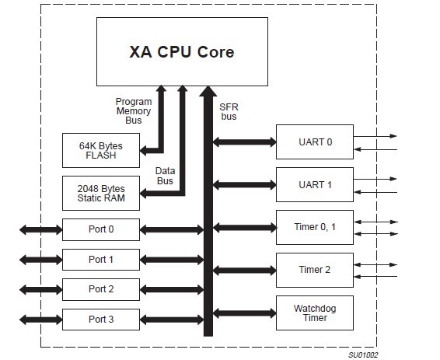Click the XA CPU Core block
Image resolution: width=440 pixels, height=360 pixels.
tap(180, 52)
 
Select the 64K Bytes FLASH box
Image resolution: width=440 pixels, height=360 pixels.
tap(100, 149)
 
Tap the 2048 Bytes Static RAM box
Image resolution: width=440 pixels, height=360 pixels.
tap(100, 193)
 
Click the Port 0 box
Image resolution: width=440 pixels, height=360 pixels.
tap(100, 229)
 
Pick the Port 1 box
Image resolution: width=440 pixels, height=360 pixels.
tap(100, 259)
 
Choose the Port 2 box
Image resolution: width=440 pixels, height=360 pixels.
tap(100, 288)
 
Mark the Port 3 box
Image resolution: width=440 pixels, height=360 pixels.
tap(100, 319)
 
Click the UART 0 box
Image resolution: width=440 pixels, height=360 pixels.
tap(314, 142)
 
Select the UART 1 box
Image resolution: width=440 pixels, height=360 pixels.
tap(314, 185)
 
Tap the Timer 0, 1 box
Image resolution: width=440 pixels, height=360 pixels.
tap(314, 228)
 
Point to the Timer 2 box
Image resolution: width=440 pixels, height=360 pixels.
tap(314, 270)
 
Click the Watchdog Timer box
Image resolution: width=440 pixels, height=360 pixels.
tap(314, 313)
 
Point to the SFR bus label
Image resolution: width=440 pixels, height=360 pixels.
tap(228, 111)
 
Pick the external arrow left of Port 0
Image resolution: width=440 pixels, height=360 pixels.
tap(41, 229)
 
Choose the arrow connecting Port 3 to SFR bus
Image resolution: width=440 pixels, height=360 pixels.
tap(170, 319)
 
